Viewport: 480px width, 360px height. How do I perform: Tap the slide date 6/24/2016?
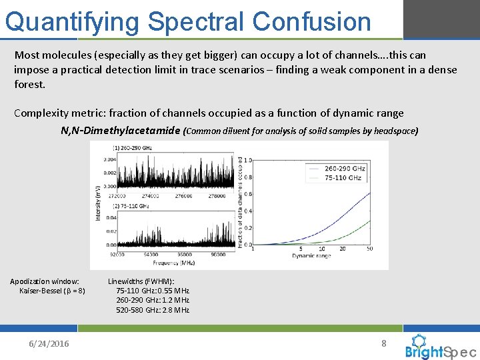49,343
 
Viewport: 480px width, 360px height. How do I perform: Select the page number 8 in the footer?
383,343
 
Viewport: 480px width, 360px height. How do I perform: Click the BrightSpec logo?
441,347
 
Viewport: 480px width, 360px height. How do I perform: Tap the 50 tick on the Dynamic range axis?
369,249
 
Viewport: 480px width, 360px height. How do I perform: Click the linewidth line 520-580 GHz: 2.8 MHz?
153,310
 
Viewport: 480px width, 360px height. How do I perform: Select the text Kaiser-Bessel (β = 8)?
52,291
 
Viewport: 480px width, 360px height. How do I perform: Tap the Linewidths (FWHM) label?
141,281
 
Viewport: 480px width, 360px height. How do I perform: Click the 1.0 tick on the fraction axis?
248,160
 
